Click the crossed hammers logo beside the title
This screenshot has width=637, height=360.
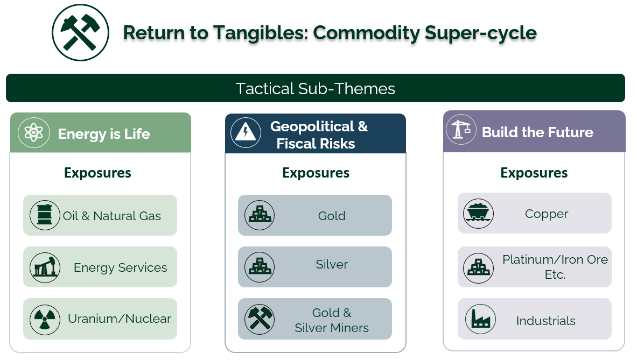80,32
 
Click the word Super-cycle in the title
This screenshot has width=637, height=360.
481,33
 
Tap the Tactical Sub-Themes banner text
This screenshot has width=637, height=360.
315,88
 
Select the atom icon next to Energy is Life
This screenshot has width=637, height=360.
34,133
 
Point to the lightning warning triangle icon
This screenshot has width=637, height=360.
246,132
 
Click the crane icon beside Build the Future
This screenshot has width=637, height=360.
461,130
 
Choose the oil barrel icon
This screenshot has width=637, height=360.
45,215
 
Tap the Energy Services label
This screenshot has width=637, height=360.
120,267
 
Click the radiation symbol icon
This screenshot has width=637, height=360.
45,320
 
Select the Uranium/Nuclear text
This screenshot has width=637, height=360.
120,319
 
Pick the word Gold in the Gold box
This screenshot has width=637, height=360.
332,215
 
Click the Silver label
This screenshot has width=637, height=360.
332,264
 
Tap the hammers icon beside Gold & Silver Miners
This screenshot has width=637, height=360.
260,320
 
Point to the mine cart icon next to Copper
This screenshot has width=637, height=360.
478,214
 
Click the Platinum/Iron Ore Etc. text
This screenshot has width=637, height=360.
555,267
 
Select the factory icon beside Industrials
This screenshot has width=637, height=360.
481,319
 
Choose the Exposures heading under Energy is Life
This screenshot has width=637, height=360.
97,173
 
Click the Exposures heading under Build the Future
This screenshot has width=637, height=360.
534,173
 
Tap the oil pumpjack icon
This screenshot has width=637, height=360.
45,267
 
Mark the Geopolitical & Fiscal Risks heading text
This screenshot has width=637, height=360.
319,135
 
